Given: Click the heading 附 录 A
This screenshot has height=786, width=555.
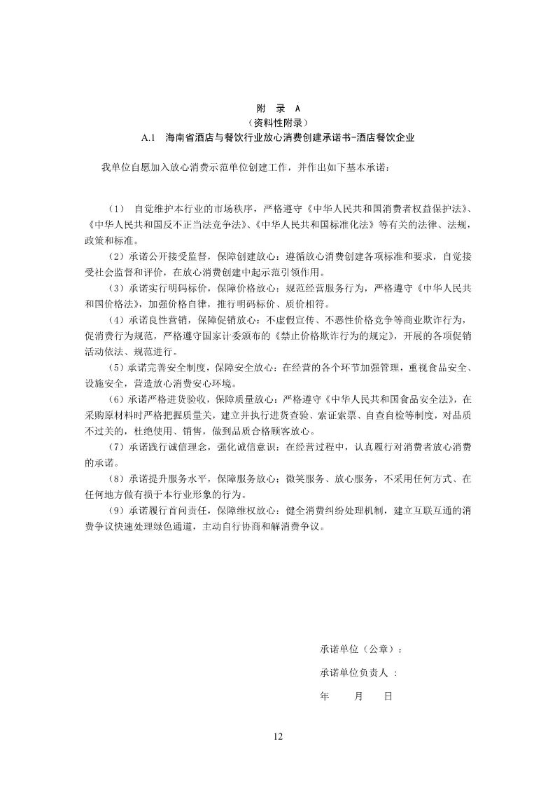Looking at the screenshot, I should point(277,109).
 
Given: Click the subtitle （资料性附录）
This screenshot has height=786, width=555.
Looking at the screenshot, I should point(277,123).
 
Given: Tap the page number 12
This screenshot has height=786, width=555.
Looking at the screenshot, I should point(277,736).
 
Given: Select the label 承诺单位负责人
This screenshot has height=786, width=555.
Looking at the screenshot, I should point(355,673).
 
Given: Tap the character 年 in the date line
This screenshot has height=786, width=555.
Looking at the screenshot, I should point(324,696).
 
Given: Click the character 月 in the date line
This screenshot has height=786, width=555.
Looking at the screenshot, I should point(359,696).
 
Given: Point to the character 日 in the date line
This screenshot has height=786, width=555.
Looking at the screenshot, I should point(388,696).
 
